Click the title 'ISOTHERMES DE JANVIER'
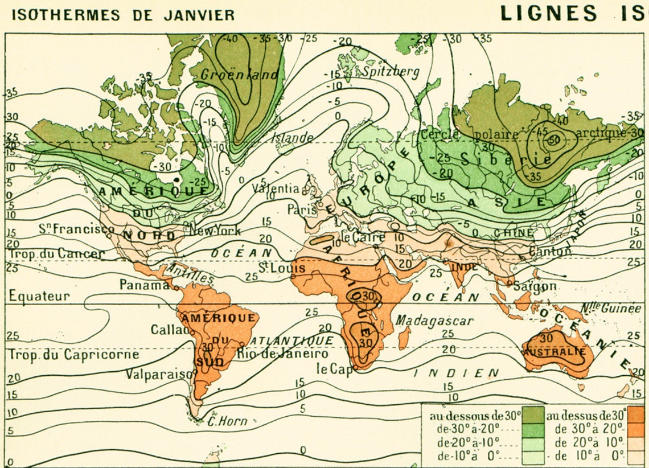click(x=123, y=14)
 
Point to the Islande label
click(x=291, y=137)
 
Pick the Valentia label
click(x=276, y=187)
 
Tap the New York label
click(x=215, y=231)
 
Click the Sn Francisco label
click(x=76, y=228)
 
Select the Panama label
click(x=144, y=284)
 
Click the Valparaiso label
click(x=157, y=373)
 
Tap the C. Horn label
click(x=227, y=421)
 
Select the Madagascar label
click(x=435, y=321)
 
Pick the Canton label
click(x=549, y=251)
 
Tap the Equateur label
click(x=39, y=296)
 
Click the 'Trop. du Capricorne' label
click(x=74, y=354)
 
